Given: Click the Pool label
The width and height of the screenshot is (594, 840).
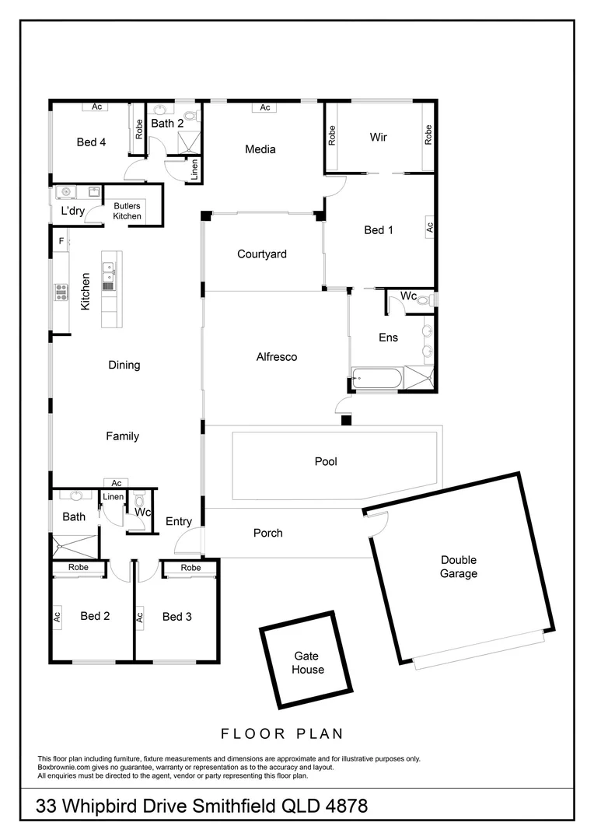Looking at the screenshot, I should pyautogui.click(x=326, y=461).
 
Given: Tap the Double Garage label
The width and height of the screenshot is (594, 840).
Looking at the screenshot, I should pyautogui.click(x=459, y=567).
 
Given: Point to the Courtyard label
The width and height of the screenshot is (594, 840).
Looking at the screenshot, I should pyautogui.click(x=262, y=254).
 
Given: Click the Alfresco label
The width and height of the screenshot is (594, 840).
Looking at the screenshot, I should pyautogui.click(x=277, y=357).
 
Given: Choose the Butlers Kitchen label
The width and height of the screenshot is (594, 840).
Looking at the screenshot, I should pyautogui.click(x=128, y=211).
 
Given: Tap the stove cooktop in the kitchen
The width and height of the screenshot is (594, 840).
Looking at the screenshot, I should pyautogui.click(x=61, y=292).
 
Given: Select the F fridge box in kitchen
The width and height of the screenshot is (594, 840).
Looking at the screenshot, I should pyautogui.click(x=61, y=241).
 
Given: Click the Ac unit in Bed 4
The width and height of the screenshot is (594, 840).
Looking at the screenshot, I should pyautogui.click(x=97, y=107).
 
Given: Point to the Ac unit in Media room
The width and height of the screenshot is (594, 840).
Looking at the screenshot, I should pyautogui.click(x=265, y=107).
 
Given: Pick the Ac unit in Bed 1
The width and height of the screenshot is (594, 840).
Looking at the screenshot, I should pyautogui.click(x=428, y=228).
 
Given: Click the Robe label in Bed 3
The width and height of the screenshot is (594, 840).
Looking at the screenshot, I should pyautogui.click(x=190, y=568).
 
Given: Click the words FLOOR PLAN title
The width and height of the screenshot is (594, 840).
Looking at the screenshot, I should pyautogui.click(x=282, y=733).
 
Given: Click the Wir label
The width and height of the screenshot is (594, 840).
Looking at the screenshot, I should pyautogui.click(x=379, y=137).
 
